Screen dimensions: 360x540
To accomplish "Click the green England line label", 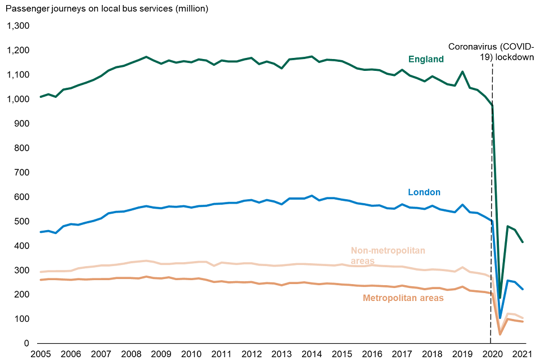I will [426, 59].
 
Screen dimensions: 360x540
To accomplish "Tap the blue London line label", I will [424, 192].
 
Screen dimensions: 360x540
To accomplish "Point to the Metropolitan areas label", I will [403, 298].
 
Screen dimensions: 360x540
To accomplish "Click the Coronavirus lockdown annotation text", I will [491, 51].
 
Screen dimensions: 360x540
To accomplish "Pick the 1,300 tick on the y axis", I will [19, 26].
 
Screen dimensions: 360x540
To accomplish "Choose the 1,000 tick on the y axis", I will [19, 99].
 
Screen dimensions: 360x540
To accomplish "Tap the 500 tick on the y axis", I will [22, 222].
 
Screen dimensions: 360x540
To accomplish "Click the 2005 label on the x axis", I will [40, 354].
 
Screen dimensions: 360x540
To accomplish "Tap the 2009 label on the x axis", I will [161, 354].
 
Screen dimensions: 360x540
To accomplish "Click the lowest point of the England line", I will [499, 298].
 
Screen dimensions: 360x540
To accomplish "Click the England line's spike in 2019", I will [462, 71].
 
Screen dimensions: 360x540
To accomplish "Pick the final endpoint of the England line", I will [523, 242].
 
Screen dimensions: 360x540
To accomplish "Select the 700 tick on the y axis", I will [22, 173].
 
